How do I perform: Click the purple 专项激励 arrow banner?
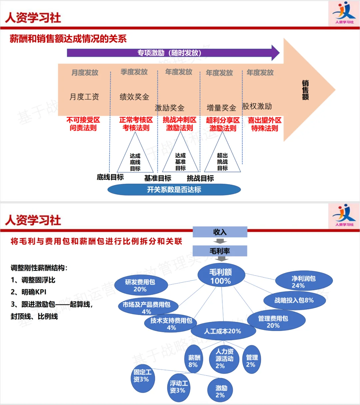click(x=170, y=53)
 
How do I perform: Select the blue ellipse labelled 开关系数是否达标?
click(x=174, y=189)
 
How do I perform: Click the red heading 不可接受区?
click(x=83, y=120)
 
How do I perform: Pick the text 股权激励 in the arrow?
click(x=257, y=106)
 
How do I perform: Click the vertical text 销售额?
click(x=305, y=90)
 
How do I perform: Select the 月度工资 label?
click(x=84, y=97)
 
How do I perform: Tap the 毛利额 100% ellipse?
click(x=220, y=276)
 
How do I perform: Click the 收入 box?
click(x=220, y=232)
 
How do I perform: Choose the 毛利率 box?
click(x=220, y=251)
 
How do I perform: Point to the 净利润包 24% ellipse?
click(x=304, y=281)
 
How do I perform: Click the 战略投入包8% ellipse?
click(x=294, y=300)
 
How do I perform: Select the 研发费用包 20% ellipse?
click(x=140, y=285)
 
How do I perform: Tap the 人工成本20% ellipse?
click(x=223, y=331)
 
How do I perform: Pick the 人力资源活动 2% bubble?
click(x=224, y=359)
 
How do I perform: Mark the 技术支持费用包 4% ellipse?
click(x=171, y=323)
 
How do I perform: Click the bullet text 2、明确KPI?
click(x=29, y=292)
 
